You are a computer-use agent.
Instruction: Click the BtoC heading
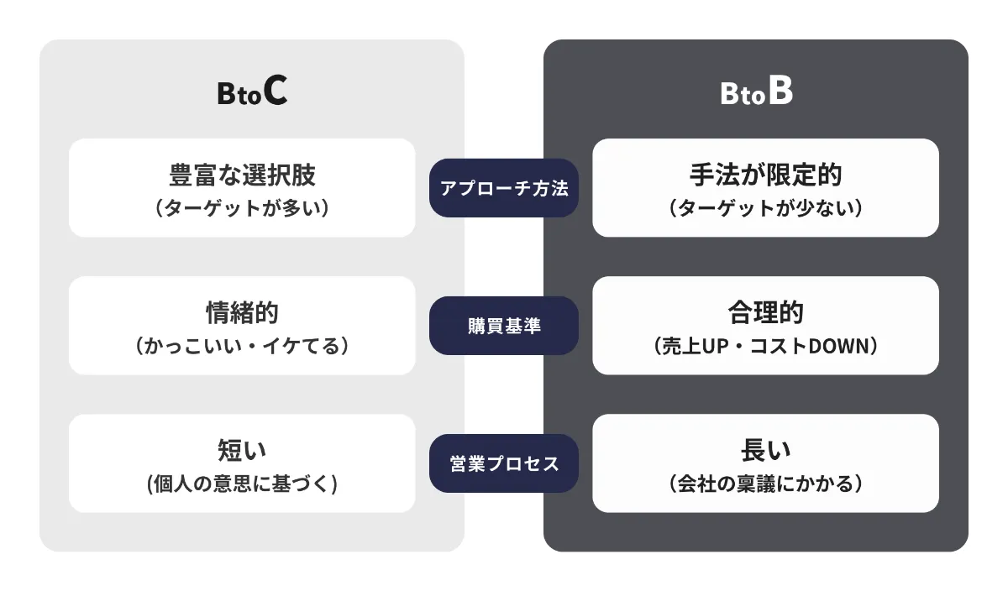(x=252, y=93)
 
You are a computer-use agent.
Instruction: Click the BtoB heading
(x=756, y=93)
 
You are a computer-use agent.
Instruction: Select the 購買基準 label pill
(x=504, y=326)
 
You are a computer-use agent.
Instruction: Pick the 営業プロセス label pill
(x=504, y=463)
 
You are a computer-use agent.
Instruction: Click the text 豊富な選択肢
(x=242, y=175)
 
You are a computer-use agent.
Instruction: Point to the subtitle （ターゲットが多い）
(x=242, y=207)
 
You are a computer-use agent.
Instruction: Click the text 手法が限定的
(x=765, y=175)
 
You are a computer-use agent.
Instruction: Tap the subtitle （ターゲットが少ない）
(x=765, y=207)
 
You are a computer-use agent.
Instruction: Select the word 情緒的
(x=242, y=312)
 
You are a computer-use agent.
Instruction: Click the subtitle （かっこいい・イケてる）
(x=242, y=345)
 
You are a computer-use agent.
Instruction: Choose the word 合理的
(x=765, y=312)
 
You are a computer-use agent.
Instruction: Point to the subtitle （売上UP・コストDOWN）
(x=765, y=345)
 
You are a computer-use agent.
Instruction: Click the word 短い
(x=242, y=450)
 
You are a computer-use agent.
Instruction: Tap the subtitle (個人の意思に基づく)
(x=242, y=484)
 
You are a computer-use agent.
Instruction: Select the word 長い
(x=765, y=450)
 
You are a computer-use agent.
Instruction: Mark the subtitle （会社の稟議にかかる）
(x=765, y=484)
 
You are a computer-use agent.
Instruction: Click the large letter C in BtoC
(x=275, y=92)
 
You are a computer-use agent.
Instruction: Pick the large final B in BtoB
(x=780, y=92)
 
